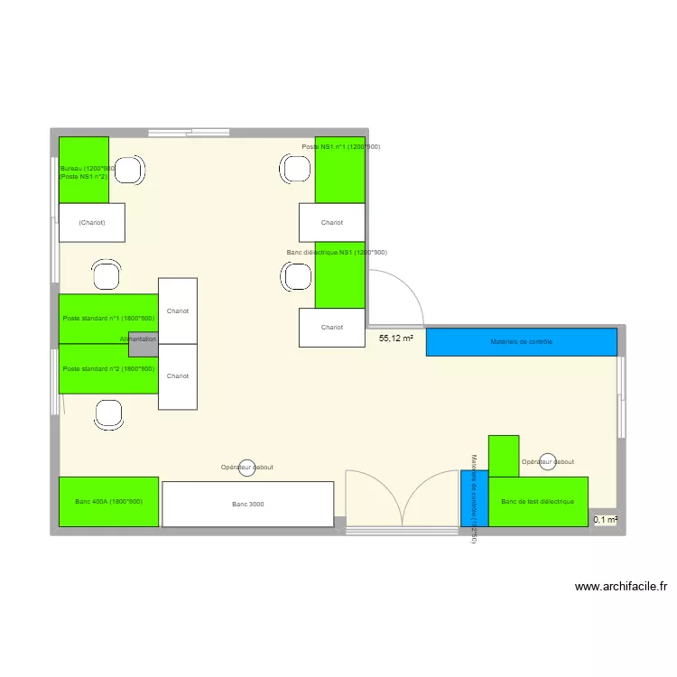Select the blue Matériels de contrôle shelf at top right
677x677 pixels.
click(521, 342)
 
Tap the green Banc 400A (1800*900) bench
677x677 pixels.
click(108, 501)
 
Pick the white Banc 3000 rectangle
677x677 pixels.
click(247, 504)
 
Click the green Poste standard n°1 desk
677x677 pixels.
click(108, 318)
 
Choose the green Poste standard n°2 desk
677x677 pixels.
click(108, 369)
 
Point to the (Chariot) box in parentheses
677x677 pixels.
click(91, 222)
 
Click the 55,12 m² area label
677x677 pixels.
click(395, 338)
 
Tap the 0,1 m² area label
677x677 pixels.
click(605, 519)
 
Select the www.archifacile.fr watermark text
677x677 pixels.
click(621, 587)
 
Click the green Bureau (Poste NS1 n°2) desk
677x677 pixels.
click(83, 170)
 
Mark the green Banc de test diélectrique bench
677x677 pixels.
click(538, 501)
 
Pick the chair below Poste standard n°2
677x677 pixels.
click(109, 414)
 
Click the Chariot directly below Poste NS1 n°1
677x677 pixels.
click(331, 222)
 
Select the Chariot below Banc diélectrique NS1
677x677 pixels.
click(331, 328)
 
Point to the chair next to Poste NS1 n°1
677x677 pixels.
click(295, 169)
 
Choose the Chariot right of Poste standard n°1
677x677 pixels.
click(178, 311)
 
